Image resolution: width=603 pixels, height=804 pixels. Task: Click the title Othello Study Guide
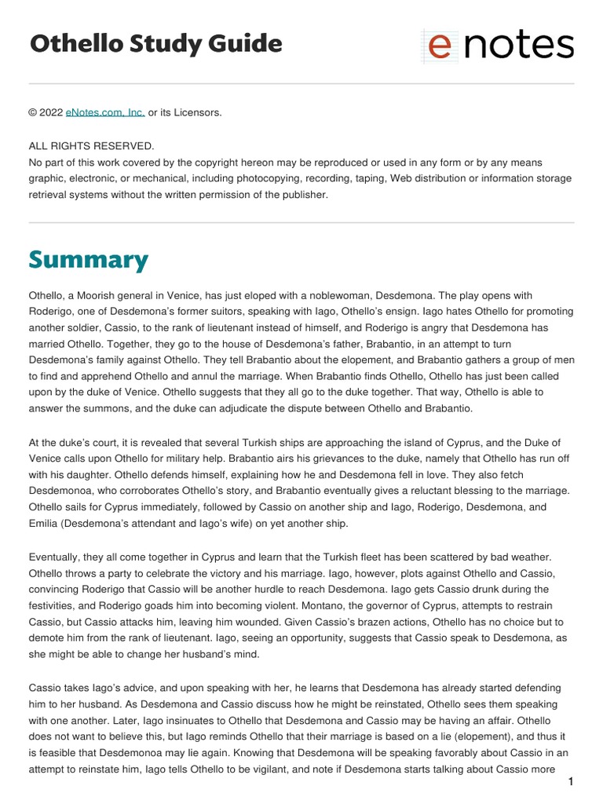click(x=155, y=44)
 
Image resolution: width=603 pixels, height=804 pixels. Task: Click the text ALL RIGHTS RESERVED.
click(x=92, y=147)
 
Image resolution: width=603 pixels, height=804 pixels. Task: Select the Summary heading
click(x=88, y=259)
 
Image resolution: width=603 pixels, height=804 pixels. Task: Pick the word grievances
click(x=217, y=459)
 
